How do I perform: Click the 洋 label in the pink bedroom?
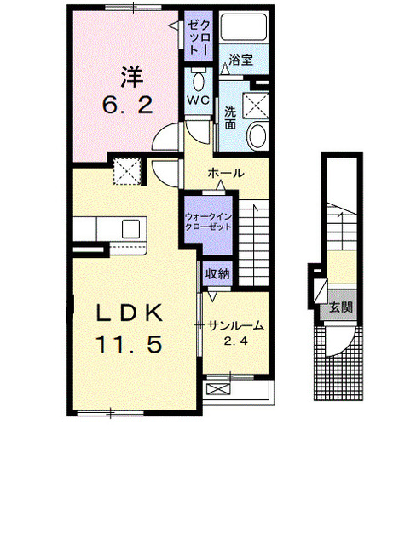[x=132, y=77]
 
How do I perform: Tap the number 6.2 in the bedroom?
[x=128, y=105]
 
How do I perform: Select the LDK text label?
[x=130, y=313]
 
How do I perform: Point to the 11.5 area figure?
[x=129, y=344]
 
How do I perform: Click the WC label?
[x=198, y=100]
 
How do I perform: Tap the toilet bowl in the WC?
[x=199, y=80]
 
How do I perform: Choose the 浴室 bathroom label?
[x=240, y=60]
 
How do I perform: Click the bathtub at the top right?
[x=244, y=27]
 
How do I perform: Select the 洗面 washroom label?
[x=230, y=118]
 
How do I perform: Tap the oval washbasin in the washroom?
[x=258, y=136]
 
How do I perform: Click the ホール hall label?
[x=226, y=173]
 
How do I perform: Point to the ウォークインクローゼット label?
[x=208, y=221]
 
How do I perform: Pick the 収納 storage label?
[x=217, y=274]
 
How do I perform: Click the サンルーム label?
[x=235, y=326]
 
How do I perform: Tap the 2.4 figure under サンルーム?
[x=235, y=341]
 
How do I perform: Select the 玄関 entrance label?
[x=341, y=307]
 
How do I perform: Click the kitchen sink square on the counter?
[x=130, y=229]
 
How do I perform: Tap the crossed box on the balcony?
[x=218, y=388]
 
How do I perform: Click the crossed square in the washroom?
[x=256, y=106]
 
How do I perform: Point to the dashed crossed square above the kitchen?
[x=127, y=170]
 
